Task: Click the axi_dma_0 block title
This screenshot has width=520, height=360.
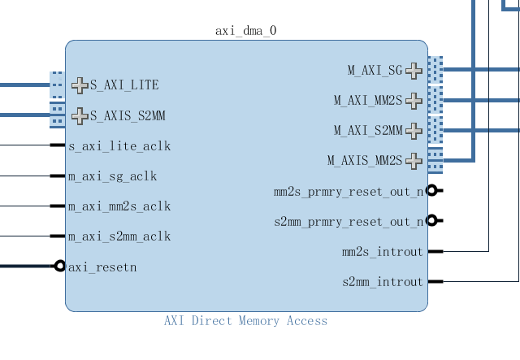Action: click(246, 32)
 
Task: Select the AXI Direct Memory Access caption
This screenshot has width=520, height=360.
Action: click(245, 321)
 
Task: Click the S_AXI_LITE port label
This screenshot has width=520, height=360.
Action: click(124, 85)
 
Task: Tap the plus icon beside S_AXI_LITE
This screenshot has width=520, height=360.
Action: click(80, 85)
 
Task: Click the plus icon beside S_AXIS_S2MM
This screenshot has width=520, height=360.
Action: click(80, 116)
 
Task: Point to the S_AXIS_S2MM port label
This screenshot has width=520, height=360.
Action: click(128, 116)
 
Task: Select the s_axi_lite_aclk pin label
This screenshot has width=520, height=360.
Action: click(119, 146)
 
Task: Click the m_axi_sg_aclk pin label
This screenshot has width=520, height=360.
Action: click(112, 176)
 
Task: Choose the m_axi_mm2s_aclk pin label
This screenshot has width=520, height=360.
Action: click(119, 206)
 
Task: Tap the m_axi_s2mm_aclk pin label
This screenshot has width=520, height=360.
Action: click(119, 236)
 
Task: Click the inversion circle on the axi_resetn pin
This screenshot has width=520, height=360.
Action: click(59, 266)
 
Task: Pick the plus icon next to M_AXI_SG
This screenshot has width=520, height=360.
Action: click(414, 71)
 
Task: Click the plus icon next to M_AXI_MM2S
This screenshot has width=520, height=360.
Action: click(414, 101)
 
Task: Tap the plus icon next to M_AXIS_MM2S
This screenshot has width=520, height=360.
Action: click(414, 161)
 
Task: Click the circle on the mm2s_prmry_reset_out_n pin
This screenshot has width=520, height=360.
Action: click(432, 190)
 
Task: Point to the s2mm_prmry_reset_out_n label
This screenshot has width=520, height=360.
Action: click(349, 222)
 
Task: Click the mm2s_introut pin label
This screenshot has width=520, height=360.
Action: click(383, 252)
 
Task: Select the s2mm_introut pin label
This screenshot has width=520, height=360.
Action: click(383, 282)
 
